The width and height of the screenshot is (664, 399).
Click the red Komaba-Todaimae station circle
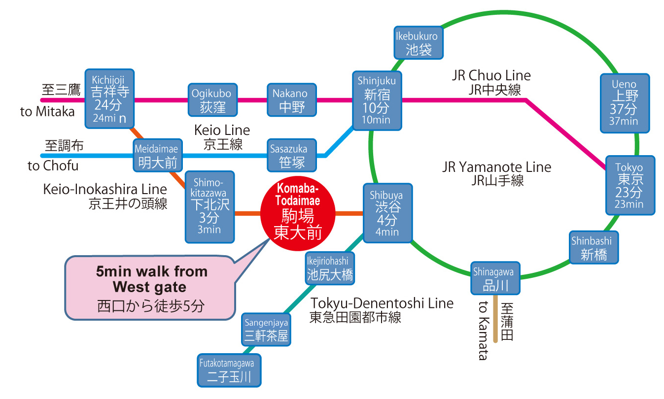click(x=297, y=213)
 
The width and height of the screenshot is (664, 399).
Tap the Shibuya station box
click(x=387, y=213)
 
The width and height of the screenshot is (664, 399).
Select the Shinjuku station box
click(x=377, y=100)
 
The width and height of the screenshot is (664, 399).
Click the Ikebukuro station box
click(x=419, y=42)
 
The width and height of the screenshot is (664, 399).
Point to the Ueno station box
click(x=625, y=103)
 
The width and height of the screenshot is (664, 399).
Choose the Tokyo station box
click(x=630, y=185)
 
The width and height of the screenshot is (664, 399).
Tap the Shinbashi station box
click(x=594, y=247)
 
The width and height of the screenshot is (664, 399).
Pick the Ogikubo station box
click(x=212, y=100)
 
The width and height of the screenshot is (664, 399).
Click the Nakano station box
click(x=291, y=100)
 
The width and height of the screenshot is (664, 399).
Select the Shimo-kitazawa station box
click(x=210, y=207)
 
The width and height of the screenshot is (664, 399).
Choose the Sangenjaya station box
click(x=266, y=331)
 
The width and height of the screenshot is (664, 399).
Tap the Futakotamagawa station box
click(x=229, y=370)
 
